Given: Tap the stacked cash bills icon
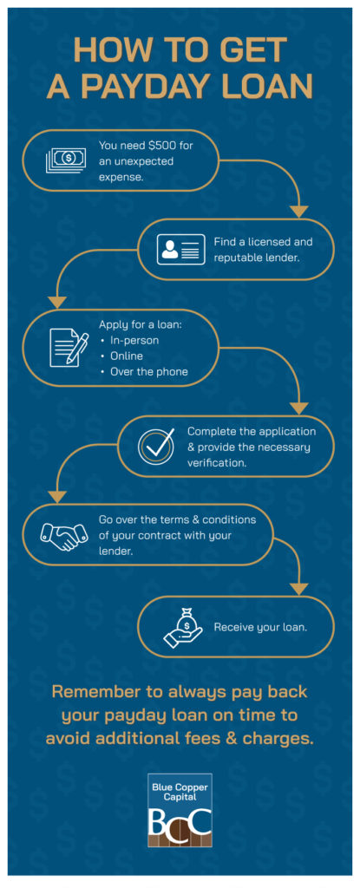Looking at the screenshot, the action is (65, 160).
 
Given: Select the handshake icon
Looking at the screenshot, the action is (64, 534).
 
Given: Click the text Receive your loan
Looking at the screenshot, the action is (260, 627).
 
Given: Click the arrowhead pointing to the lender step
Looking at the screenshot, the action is (299, 212).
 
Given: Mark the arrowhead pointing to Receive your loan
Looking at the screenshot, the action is (299, 589).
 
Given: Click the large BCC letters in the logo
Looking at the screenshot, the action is (180, 819).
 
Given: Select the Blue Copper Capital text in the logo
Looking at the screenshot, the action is (180, 792).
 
